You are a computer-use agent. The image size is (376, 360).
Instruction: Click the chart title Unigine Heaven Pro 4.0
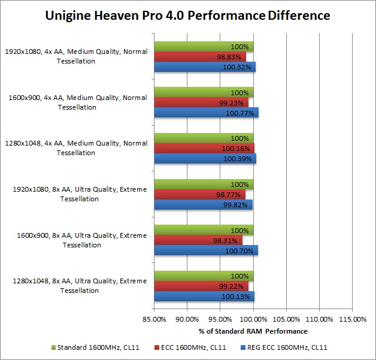pyautogui.click(x=187, y=16)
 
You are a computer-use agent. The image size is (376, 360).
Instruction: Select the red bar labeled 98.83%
pyautogui.click(x=200, y=56)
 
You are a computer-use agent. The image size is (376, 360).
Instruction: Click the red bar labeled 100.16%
pyautogui.click(x=204, y=148)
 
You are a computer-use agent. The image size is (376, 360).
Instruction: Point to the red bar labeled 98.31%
pyautogui.click(x=198, y=240)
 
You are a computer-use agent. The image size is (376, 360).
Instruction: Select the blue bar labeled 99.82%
pyautogui.click(x=203, y=204)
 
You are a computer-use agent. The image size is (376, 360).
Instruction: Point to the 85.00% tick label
pyautogui.click(x=154, y=319)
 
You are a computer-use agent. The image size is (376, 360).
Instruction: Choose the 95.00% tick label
pyautogui.click(x=220, y=319)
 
